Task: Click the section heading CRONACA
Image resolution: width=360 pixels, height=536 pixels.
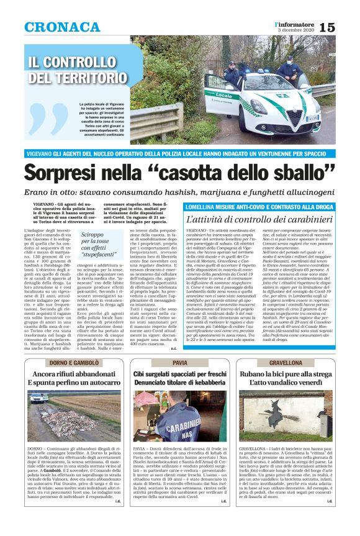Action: pos(62,27)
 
